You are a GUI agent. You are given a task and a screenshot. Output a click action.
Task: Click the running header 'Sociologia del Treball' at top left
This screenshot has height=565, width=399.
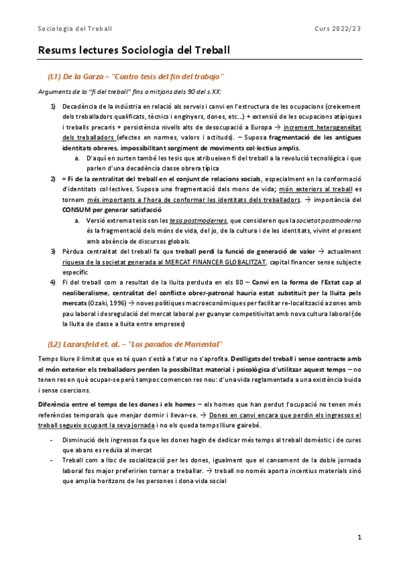pos(75,28)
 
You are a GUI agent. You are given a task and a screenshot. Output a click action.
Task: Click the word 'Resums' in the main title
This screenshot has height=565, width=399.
pos(57,51)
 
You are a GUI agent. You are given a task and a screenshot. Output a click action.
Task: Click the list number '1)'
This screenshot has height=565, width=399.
pos(53,107)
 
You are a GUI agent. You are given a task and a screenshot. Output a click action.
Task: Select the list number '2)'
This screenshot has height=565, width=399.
pos(53,179)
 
